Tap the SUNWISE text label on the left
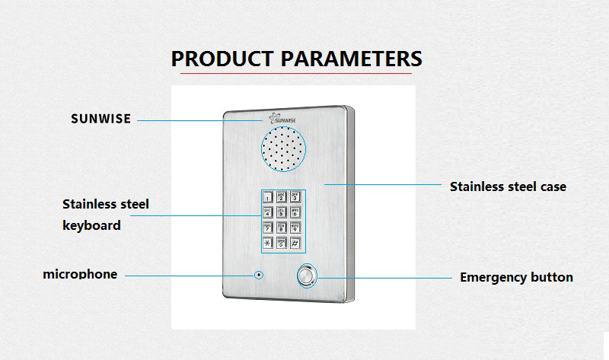tap(101, 119)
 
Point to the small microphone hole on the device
tap(259, 274)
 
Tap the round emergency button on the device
tap(308, 276)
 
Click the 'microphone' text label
tap(80, 274)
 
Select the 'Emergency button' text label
tap(516, 277)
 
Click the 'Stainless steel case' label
tap(508, 186)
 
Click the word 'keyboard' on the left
tap(91, 225)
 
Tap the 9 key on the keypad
tap(295, 228)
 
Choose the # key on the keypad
tap(295, 244)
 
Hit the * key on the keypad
tap(268, 244)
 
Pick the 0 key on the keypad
tap(282, 244)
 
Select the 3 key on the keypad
tap(295, 197)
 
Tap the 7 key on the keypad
tap(268, 228)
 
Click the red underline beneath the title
tap(296, 74)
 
